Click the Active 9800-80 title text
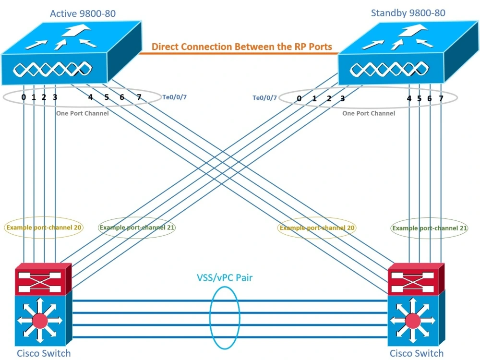tap(83, 13)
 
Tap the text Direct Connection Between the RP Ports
tap(242, 47)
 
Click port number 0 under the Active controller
tap(24, 97)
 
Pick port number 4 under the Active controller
tap(90, 97)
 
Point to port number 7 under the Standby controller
tap(441, 98)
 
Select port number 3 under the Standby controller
tap(342, 99)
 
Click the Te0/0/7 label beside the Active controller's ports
tap(175, 97)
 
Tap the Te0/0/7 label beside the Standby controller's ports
tap(264, 98)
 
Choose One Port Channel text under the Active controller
tap(82, 113)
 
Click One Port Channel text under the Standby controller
tap(369, 113)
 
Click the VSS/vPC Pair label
tap(225, 277)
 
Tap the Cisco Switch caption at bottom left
tap(44, 354)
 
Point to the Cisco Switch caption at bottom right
tap(416, 354)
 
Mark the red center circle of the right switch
tap(412, 320)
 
